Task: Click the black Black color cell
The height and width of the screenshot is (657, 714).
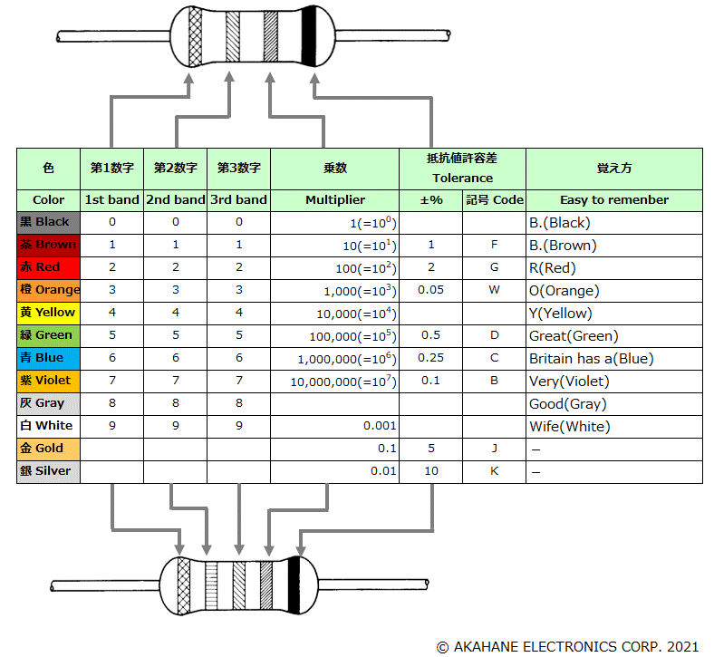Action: (x=49, y=222)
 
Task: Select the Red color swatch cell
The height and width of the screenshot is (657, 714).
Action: (x=49, y=267)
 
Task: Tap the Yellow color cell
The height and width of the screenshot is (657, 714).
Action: (x=49, y=313)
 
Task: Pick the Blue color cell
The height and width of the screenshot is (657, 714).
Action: (x=49, y=358)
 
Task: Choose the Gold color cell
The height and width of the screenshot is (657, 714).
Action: (x=49, y=449)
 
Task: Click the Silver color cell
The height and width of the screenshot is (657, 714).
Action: (x=49, y=471)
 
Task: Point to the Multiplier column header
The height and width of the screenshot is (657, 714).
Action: (x=334, y=200)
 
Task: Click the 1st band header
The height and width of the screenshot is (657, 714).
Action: (x=111, y=200)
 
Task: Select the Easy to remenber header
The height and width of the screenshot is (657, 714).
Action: (x=613, y=200)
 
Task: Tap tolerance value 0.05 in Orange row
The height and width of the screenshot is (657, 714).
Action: (x=430, y=290)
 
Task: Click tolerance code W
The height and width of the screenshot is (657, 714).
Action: (x=494, y=290)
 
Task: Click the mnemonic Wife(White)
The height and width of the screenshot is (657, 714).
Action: (x=569, y=426)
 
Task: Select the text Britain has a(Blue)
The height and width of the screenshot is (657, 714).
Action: (x=591, y=358)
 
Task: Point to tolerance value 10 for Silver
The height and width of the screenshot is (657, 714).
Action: (x=430, y=471)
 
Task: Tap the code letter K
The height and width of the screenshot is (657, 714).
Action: (x=494, y=471)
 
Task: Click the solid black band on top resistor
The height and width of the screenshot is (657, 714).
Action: (x=309, y=37)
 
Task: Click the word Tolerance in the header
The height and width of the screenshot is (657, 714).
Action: (x=462, y=179)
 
